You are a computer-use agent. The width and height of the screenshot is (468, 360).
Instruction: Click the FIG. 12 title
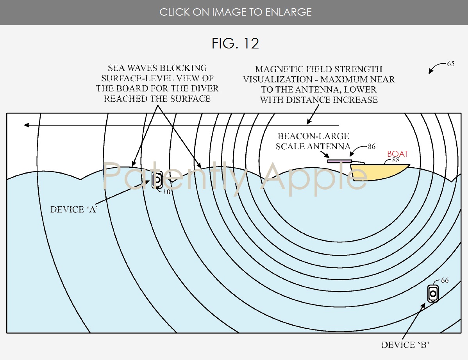[235, 43]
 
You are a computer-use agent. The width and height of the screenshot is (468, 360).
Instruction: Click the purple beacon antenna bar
[339, 161]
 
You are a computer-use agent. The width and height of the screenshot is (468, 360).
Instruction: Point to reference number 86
[371, 147]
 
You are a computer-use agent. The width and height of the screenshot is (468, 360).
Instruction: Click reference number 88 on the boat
[395, 160]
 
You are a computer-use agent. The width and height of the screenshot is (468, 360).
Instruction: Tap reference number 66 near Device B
[445, 281]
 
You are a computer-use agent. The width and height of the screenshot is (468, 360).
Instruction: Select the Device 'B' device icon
[433, 293]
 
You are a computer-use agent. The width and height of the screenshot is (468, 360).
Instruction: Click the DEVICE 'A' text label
[74, 210]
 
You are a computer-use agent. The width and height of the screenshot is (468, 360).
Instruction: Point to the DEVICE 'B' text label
[405, 345]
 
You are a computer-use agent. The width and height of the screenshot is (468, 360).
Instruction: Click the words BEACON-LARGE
[313, 136]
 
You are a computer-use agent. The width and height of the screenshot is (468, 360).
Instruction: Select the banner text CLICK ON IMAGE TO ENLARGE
[235, 12]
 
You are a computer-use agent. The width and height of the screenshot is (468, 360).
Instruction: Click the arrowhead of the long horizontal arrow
[26, 125]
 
